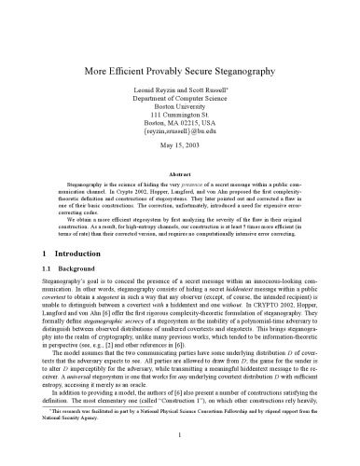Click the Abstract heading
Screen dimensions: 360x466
click(x=180, y=173)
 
